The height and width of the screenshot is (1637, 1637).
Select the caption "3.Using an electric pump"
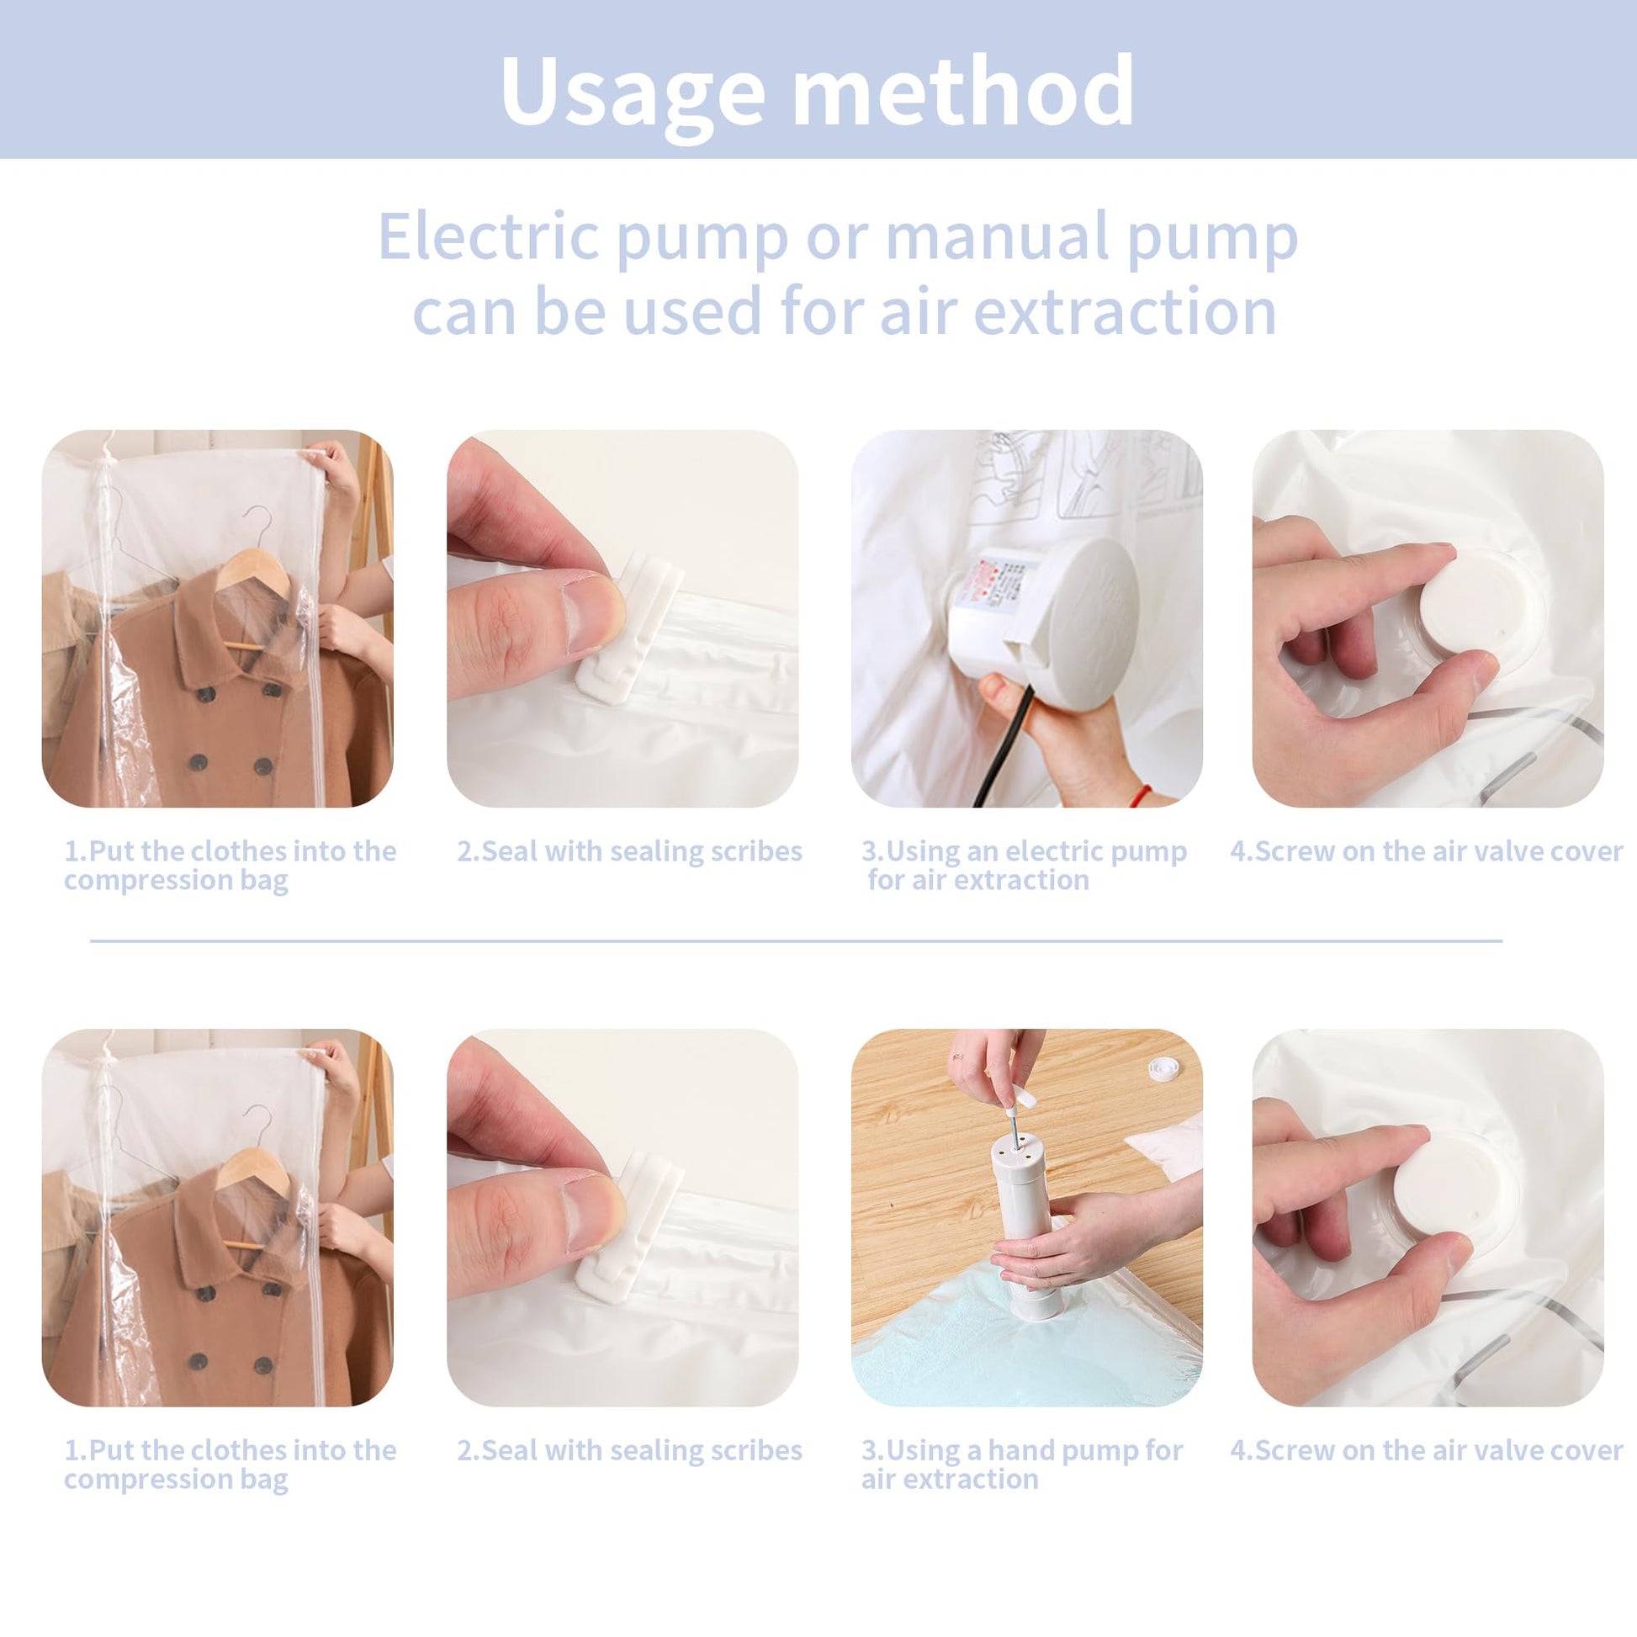coord(1025,850)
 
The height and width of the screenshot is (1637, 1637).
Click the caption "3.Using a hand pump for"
coord(1022,1450)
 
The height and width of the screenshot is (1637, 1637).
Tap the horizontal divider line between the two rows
coord(797,940)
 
